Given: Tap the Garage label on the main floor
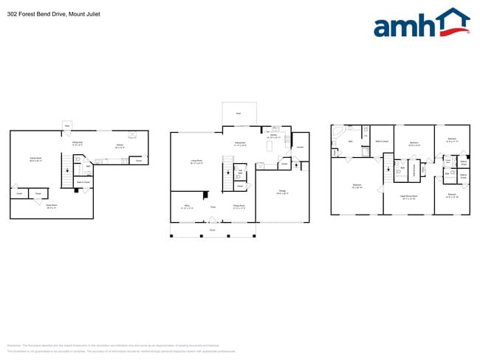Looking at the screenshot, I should point(281,193).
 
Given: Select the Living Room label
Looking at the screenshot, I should point(196,161).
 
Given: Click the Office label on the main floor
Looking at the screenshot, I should point(188,207).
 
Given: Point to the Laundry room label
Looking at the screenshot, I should point(300,148).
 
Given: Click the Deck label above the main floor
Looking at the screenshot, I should point(239,114).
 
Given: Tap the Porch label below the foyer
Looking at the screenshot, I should point(212,231).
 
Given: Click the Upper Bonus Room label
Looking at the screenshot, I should point(408,197).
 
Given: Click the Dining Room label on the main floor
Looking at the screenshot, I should point(239,207).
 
